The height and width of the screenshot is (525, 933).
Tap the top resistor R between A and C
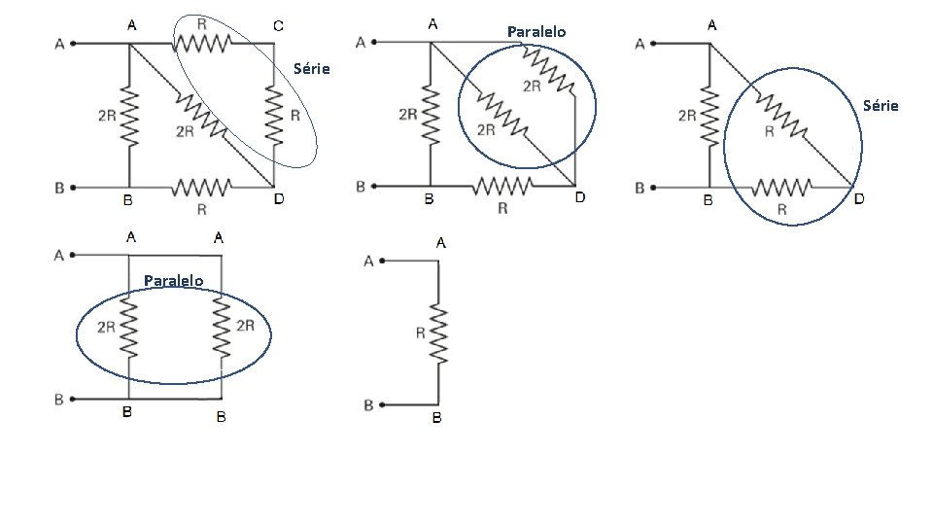coord(202,43)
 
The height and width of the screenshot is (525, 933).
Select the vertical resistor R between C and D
coord(274,115)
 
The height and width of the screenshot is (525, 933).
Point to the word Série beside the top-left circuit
coord(312,69)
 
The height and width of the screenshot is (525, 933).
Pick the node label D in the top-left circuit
coord(279,200)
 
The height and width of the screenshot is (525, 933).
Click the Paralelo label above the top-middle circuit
coord(536,32)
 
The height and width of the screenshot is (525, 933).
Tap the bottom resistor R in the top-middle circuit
coord(503,186)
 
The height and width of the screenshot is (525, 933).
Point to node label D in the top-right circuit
coord(858,199)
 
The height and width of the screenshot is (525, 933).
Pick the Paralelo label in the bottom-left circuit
coord(174,281)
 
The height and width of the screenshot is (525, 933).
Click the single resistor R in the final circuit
coord(438,333)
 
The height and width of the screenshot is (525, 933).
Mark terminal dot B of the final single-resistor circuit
coord(384,404)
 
